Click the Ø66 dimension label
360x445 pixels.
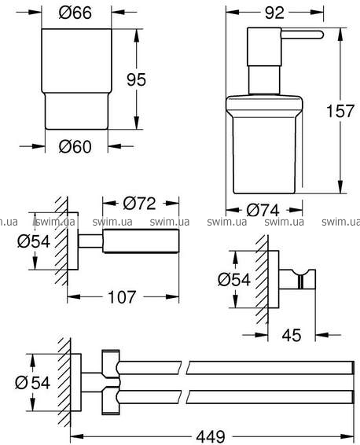[75, 13]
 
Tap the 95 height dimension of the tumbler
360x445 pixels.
[136, 79]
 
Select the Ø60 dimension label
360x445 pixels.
[75, 147]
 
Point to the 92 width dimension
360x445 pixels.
[274, 13]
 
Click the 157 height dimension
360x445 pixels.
[340, 111]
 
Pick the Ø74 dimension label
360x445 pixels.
[263, 210]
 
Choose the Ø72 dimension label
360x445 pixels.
[140, 203]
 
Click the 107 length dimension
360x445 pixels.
[122, 297]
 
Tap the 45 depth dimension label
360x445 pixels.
[292, 335]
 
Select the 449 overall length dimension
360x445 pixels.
[211, 437]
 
